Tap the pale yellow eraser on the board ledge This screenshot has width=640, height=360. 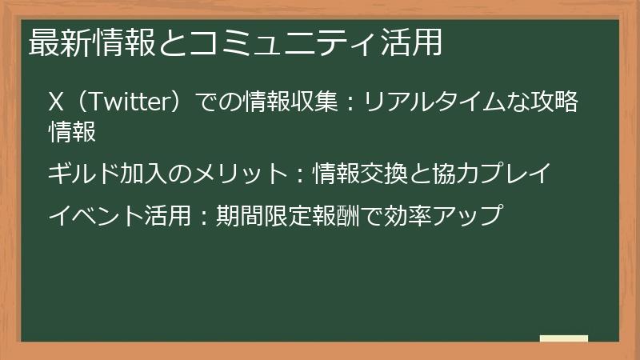pos(563,338)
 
